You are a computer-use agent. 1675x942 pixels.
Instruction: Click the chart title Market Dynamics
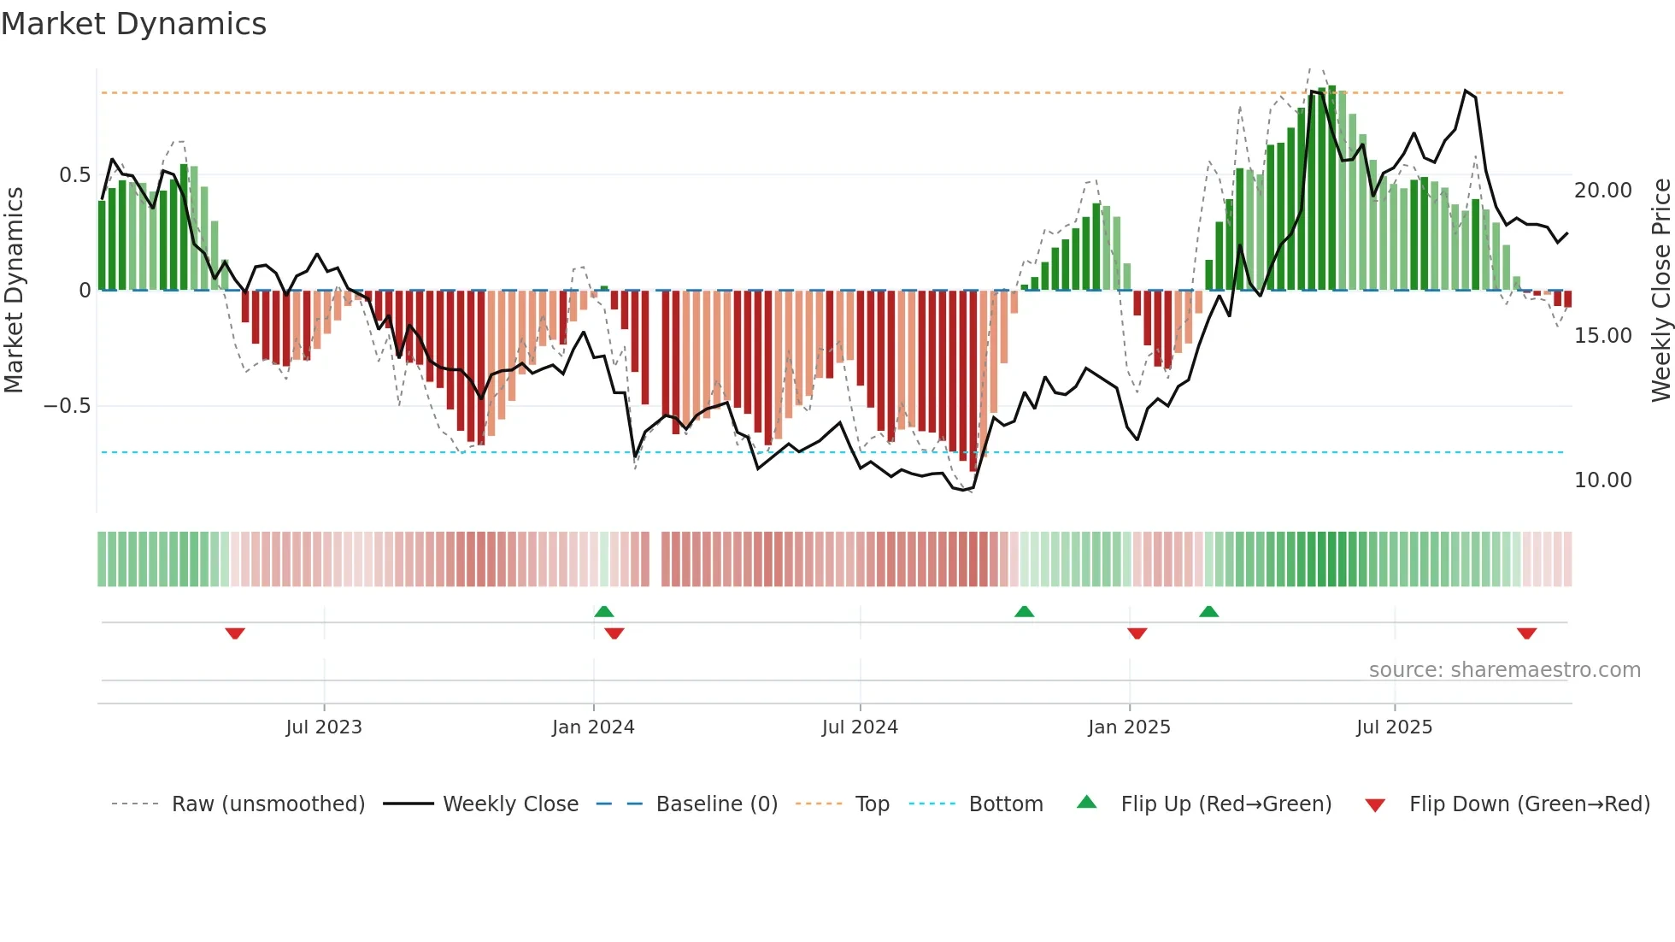pyautogui.click(x=133, y=24)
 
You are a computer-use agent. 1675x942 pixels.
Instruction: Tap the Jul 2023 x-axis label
pyautogui.click(x=324, y=727)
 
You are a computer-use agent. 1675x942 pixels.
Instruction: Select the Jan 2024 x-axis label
pyautogui.click(x=593, y=727)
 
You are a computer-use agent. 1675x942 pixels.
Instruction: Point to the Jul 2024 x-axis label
pyautogui.click(x=860, y=727)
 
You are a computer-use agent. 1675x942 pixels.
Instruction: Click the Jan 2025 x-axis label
pyautogui.click(x=1129, y=727)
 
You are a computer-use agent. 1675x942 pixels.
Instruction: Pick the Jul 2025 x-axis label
pyautogui.click(x=1394, y=727)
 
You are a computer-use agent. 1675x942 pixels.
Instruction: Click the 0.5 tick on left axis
pyautogui.click(x=74, y=175)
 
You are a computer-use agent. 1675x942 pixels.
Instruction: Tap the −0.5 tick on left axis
pyautogui.click(x=68, y=406)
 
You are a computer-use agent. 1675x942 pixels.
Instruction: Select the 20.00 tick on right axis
pyautogui.click(x=1603, y=191)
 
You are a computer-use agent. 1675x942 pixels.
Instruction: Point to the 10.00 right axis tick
pyautogui.click(x=1603, y=480)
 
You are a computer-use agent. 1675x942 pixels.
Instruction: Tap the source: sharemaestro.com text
pyautogui.click(x=1504, y=670)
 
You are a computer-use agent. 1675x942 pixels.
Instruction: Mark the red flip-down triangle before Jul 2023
pyautogui.click(x=235, y=633)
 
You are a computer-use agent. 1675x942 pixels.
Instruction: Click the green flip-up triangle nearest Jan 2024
pyautogui.click(x=604, y=611)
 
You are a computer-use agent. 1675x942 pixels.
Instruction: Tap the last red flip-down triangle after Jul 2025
pyautogui.click(x=1527, y=633)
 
